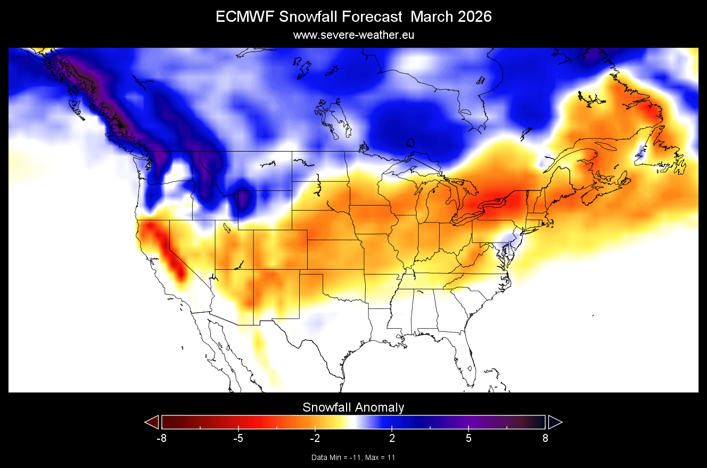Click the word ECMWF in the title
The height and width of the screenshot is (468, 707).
[241, 17]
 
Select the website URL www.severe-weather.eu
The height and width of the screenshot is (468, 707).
[353, 35]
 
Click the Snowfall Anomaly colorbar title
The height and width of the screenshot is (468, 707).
[353, 407]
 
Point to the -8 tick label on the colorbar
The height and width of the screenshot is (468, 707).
[161, 439]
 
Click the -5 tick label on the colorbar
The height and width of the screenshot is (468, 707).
[238, 439]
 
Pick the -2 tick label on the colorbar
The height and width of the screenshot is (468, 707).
[315, 439]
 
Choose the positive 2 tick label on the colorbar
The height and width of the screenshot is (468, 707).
[392, 439]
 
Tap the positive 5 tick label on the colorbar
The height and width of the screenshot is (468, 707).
[468, 439]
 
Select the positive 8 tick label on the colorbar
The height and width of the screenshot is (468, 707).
[545, 439]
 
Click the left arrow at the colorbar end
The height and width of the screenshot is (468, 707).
[152, 422]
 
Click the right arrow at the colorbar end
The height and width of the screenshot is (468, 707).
[555, 422]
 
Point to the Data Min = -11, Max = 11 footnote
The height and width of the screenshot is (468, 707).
[353, 457]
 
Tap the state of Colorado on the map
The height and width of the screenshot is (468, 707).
[279, 249]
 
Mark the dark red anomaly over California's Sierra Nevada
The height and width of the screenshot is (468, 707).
[173, 261]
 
